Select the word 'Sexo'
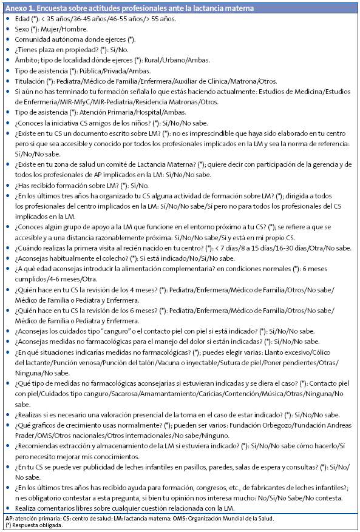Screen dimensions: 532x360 [x=22, y=29]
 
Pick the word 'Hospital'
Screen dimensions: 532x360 [x=148, y=112]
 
